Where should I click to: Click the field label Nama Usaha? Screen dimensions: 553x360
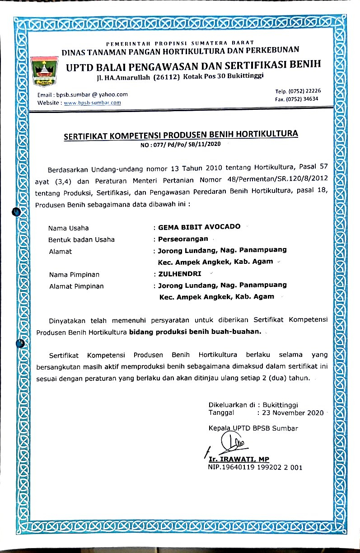[69, 228]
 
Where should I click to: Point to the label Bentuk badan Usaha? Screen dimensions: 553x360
[81, 239]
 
